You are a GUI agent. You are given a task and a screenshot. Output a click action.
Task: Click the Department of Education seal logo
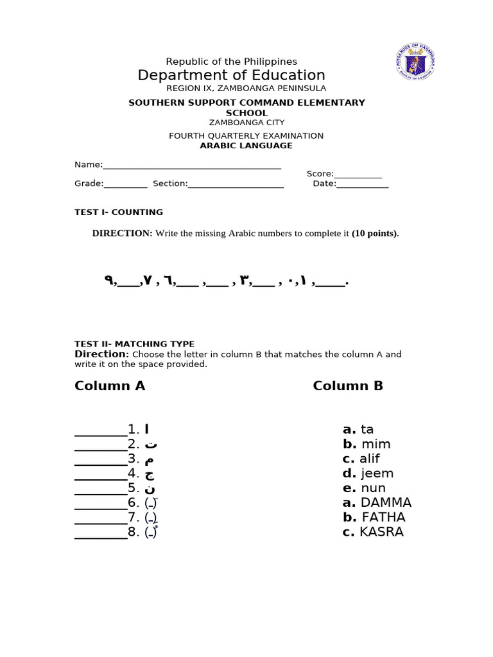(417, 62)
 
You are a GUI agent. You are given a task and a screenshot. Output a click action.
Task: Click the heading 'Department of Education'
(231, 75)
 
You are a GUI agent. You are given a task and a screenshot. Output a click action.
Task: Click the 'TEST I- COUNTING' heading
(119, 212)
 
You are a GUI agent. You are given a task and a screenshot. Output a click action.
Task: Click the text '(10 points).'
(375, 234)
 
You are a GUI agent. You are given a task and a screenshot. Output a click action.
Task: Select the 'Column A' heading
(110, 386)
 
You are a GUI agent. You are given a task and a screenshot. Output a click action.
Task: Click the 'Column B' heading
(348, 386)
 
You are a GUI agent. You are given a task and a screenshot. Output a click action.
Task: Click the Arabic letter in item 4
(150, 474)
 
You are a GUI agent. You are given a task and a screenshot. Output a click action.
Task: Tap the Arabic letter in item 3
(149, 459)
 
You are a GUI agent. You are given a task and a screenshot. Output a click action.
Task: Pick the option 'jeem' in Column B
(377, 474)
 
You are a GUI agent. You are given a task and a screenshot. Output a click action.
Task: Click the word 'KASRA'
(381, 532)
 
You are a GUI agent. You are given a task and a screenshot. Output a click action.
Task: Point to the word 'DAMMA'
(386, 502)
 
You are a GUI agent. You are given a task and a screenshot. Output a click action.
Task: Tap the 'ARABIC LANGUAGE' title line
(246, 146)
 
